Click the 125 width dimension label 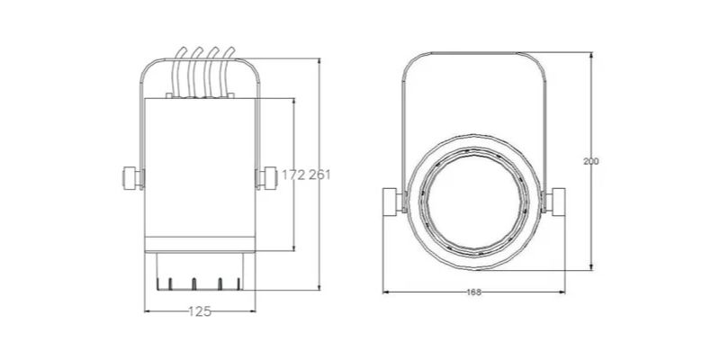coord(200,311)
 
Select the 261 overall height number coord(319,175)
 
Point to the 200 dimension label coord(591,162)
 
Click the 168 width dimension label coord(474,292)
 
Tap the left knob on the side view coord(133,178)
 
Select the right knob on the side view coord(266,178)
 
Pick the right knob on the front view coord(553,201)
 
